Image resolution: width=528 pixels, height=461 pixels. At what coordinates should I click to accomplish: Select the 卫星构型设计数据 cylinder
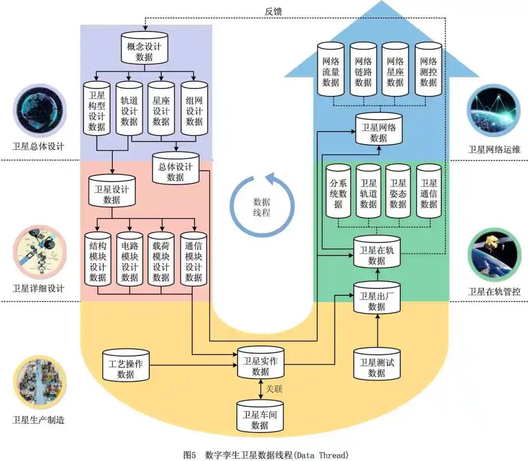[x=97, y=109]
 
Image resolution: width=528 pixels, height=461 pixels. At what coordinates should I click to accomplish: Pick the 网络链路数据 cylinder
[x=363, y=71]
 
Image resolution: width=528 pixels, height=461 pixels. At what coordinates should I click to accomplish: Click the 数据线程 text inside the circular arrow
[x=262, y=207]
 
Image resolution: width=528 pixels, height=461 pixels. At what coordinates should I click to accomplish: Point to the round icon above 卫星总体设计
[x=38, y=109]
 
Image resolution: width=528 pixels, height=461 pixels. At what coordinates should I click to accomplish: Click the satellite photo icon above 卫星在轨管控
[x=493, y=255]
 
